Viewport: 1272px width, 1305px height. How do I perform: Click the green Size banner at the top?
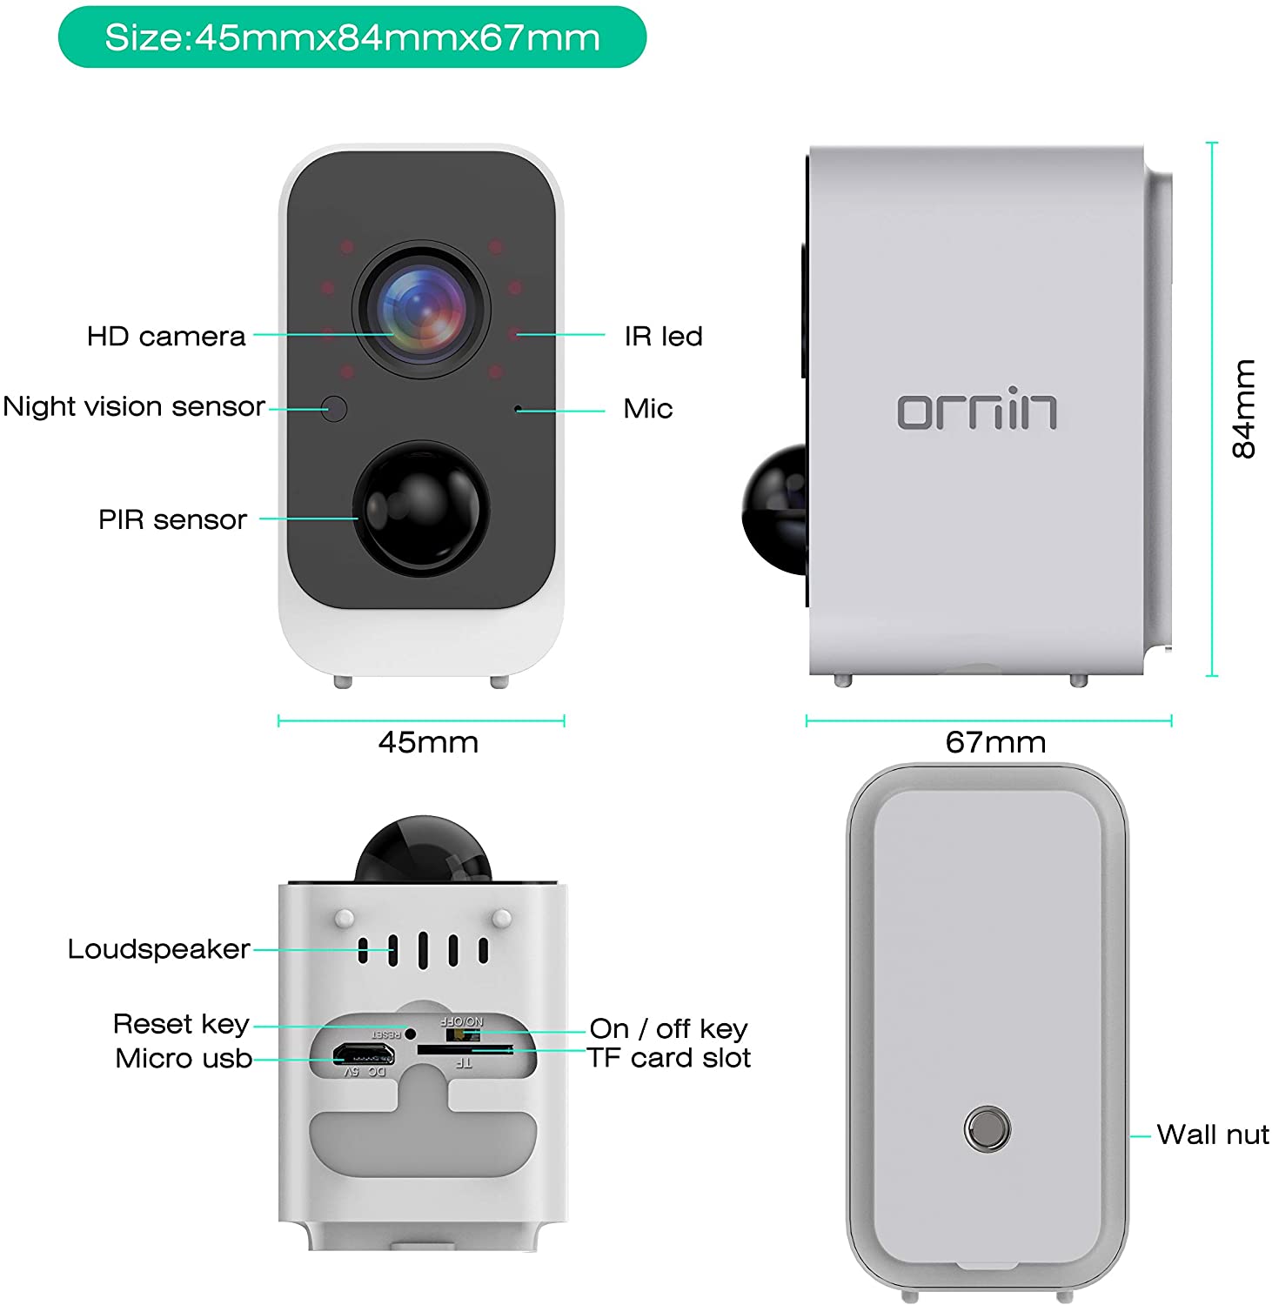[x=352, y=37]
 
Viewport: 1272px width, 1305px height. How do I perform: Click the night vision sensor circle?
[x=334, y=408]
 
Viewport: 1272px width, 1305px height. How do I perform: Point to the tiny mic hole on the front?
[x=518, y=408]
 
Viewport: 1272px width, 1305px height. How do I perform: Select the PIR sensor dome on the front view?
[x=421, y=508]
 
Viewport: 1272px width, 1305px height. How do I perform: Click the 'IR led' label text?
[x=663, y=336]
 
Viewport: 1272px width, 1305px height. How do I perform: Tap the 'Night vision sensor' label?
[x=134, y=406]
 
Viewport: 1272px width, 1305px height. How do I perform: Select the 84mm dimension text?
[x=1245, y=408]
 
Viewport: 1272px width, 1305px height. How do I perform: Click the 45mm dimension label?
[x=428, y=742]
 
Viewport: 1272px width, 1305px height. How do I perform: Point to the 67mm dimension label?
[x=995, y=742]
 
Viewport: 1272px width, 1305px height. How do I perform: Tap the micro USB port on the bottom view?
[x=364, y=1055]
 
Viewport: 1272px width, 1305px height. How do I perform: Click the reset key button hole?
[x=410, y=1034]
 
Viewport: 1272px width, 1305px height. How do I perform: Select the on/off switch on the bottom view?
[x=462, y=1034]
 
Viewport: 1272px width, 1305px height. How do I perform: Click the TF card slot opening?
[x=463, y=1050]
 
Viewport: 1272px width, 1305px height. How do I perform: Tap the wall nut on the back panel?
[x=987, y=1129]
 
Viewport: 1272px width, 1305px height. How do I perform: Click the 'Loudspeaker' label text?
[x=159, y=948]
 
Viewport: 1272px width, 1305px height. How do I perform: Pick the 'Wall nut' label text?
[x=1213, y=1134]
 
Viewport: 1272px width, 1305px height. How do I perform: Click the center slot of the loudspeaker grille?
[x=423, y=950]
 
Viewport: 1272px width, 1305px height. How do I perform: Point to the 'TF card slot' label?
[x=668, y=1058]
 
